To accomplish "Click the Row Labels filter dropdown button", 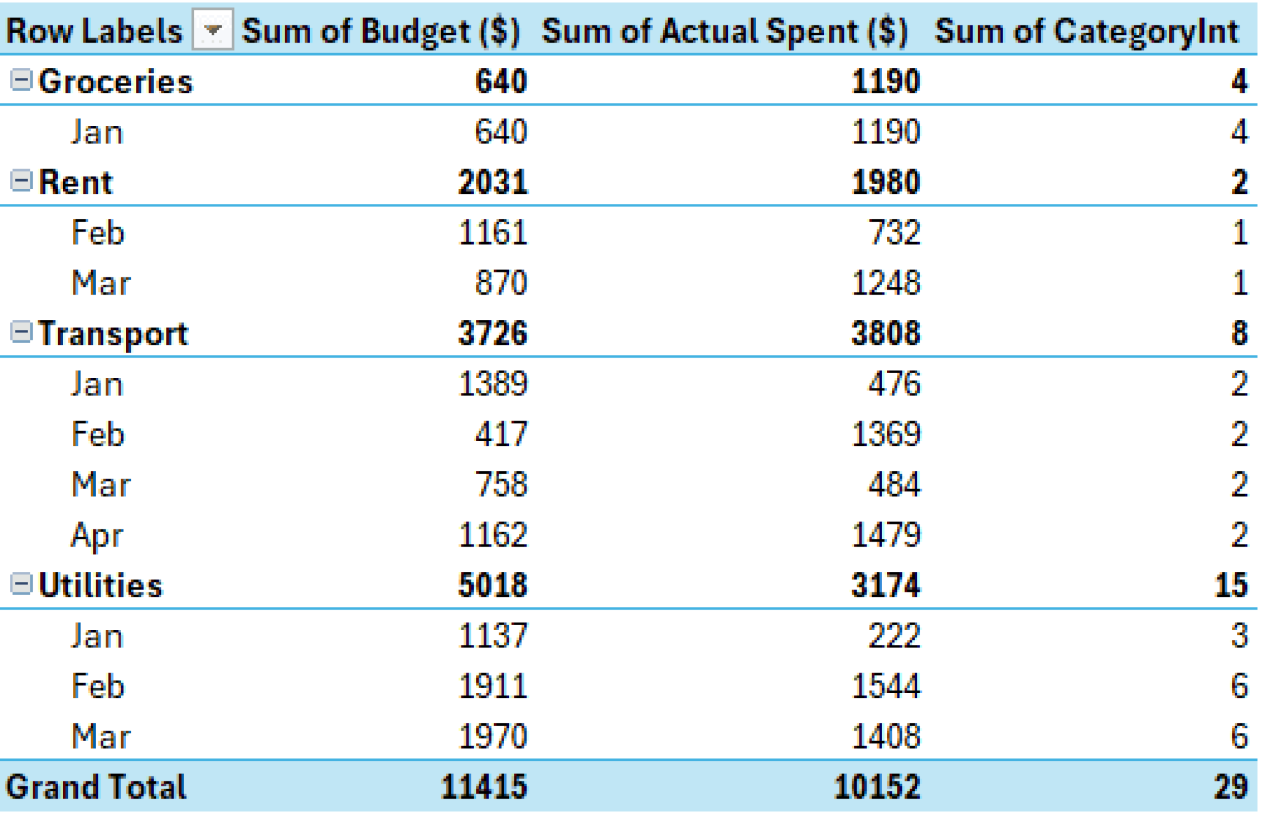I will pyautogui.click(x=212, y=30).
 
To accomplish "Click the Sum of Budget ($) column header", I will pyautogui.click(x=380, y=31).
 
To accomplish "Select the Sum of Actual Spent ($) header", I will pyautogui.click(x=725, y=31).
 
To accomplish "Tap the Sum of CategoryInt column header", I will pyautogui.click(x=1086, y=31).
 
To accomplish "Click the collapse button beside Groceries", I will pyautogui.click(x=21, y=80).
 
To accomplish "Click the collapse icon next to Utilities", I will pyautogui.click(x=21, y=584).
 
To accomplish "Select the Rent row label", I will pyautogui.click(x=75, y=182).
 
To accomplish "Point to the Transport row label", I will pyautogui.click(x=113, y=334).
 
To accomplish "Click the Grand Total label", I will pyautogui.click(x=96, y=787).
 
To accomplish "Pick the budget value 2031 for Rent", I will pyautogui.click(x=492, y=182).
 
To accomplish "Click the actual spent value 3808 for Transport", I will pyautogui.click(x=885, y=334).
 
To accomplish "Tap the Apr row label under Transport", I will pyautogui.click(x=97, y=535).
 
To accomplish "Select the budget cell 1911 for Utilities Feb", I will pyautogui.click(x=492, y=686).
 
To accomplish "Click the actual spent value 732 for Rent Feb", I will pyautogui.click(x=894, y=233).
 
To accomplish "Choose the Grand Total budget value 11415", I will pyautogui.click(x=484, y=787).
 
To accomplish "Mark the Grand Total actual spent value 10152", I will pyautogui.click(x=876, y=787).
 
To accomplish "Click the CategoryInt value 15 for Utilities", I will pyautogui.click(x=1230, y=585).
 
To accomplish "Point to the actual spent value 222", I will pyautogui.click(x=894, y=636).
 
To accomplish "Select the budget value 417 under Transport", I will pyautogui.click(x=500, y=434).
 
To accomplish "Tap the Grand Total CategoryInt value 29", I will pyautogui.click(x=1230, y=787).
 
